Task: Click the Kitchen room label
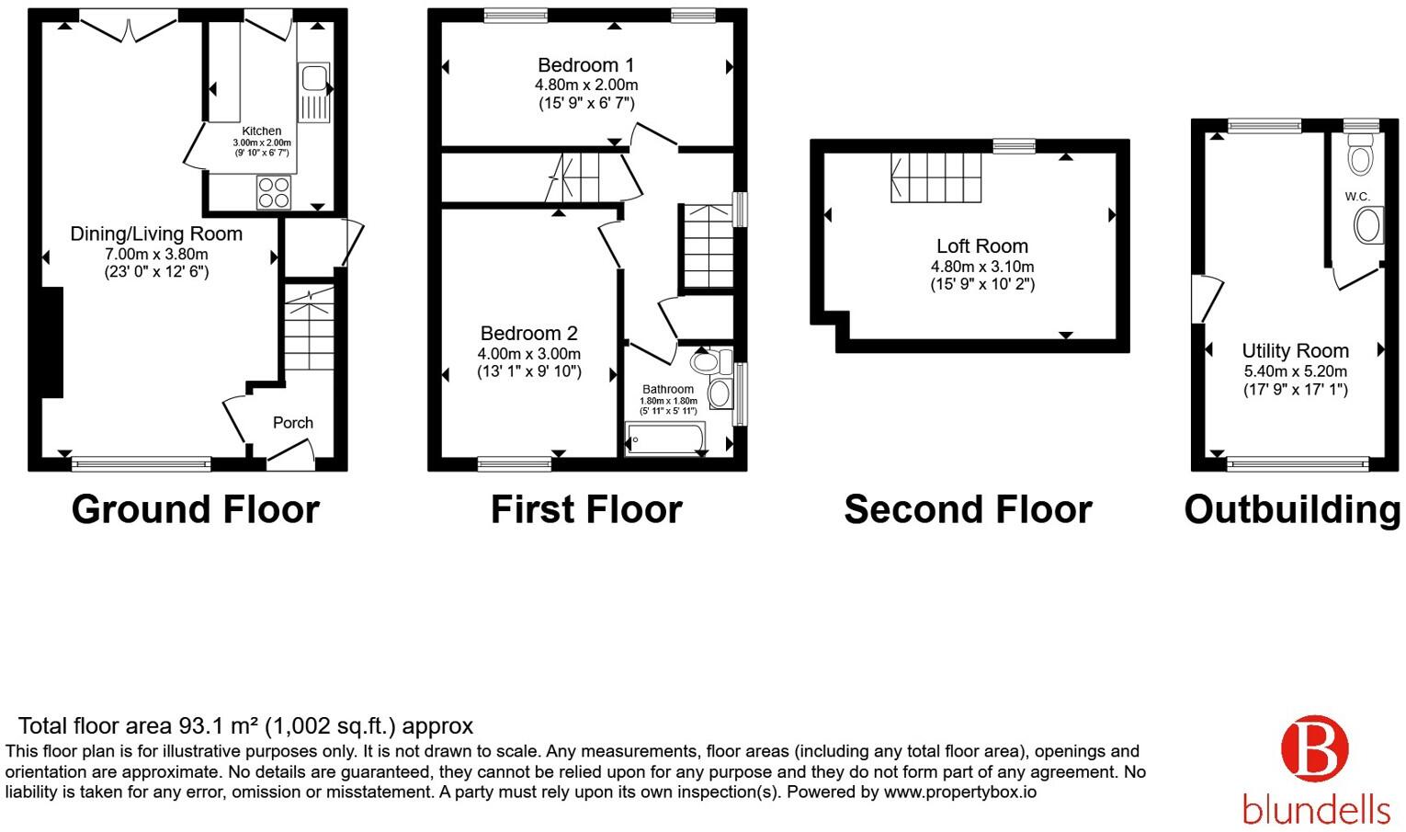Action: [262, 131]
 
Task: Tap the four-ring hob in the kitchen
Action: [274, 192]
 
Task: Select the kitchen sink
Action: [314, 92]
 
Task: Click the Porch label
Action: [292, 423]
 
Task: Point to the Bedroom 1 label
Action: [585, 64]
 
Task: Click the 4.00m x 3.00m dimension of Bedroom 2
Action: [528, 354]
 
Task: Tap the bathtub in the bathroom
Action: [665, 437]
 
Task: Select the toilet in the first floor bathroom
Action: [711, 362]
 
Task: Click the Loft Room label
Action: [982, 245]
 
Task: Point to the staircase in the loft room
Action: [935, 177]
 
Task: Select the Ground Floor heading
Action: [195, 509]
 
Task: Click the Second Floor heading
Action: [968, 509]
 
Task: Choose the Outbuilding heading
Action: [1292, 509]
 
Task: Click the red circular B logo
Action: [1314, 748]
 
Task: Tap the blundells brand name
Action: [1316, 809]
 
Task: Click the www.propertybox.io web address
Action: [959, 792]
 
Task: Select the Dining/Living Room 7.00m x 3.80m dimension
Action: [155, 255]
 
